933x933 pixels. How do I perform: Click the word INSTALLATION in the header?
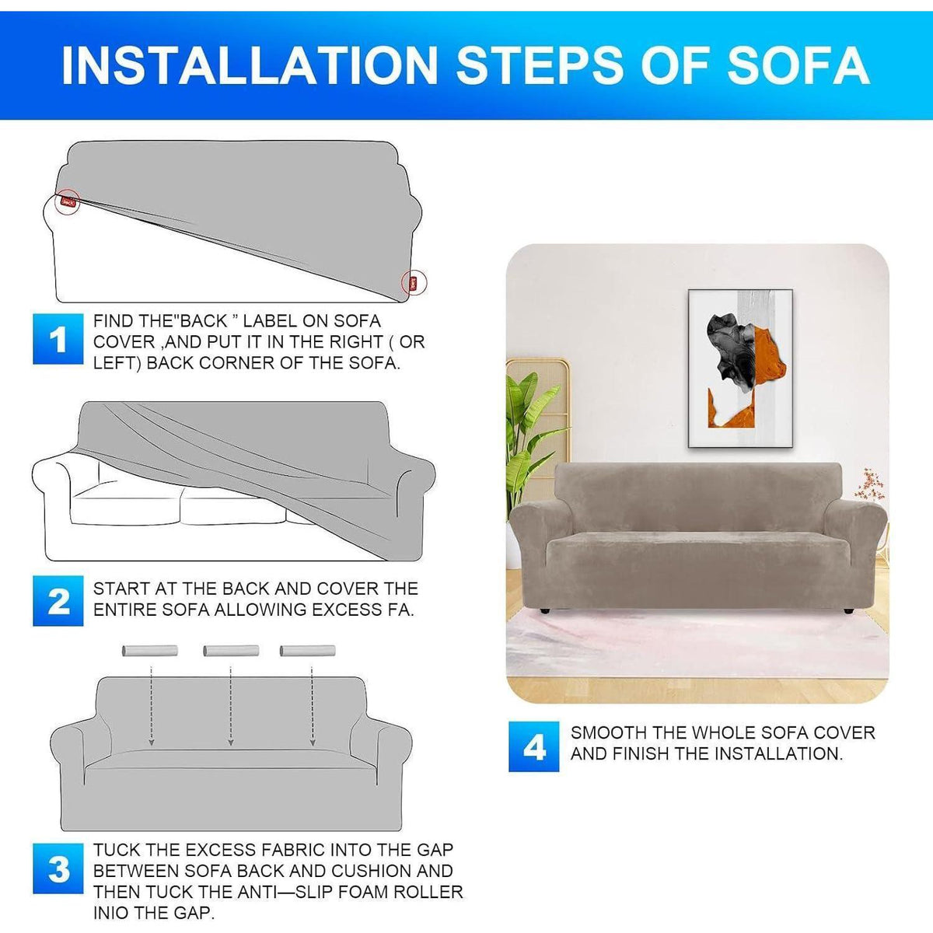coord(250,66)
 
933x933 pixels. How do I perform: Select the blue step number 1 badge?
coord(58,339)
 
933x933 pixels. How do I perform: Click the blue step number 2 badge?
coord(58,600)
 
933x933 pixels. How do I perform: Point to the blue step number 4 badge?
coord(533,746)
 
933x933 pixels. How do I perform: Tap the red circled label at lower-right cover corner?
coord(414,282)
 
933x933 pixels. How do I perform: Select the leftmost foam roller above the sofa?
coord(149,650)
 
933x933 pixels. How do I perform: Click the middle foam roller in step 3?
coord(231,650)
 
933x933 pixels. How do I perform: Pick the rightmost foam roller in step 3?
coord(307,650)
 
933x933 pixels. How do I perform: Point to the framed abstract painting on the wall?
coord(740,369)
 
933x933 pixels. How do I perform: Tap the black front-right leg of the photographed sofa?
coord(847,612)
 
